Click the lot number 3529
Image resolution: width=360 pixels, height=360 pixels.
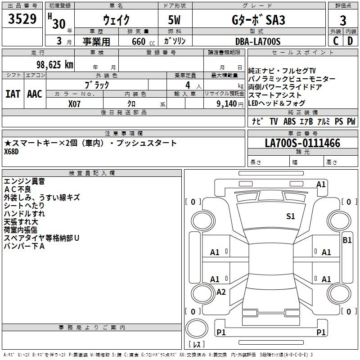tap(23, 20)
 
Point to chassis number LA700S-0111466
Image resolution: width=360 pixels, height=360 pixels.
tap(302, 143)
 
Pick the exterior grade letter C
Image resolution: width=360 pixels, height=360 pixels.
tap(335, 41)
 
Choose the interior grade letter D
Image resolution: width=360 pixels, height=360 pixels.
tap(350, 41)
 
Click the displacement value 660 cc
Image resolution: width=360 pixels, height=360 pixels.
tap(138, 41)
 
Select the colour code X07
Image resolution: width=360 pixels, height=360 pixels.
tap(75, 103)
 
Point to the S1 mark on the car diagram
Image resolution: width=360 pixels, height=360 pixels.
tap(291, 216)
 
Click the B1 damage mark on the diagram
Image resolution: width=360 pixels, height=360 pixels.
tap(347, 240)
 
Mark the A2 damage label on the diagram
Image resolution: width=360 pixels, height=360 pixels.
tap(221, 292)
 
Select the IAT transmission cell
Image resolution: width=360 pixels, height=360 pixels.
tap(13, 94)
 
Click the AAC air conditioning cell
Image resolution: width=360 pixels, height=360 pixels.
tap(35, 94)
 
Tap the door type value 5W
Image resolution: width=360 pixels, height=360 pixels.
tap(175, 20)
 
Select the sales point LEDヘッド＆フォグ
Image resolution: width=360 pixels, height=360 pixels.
tap(277, 103)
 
